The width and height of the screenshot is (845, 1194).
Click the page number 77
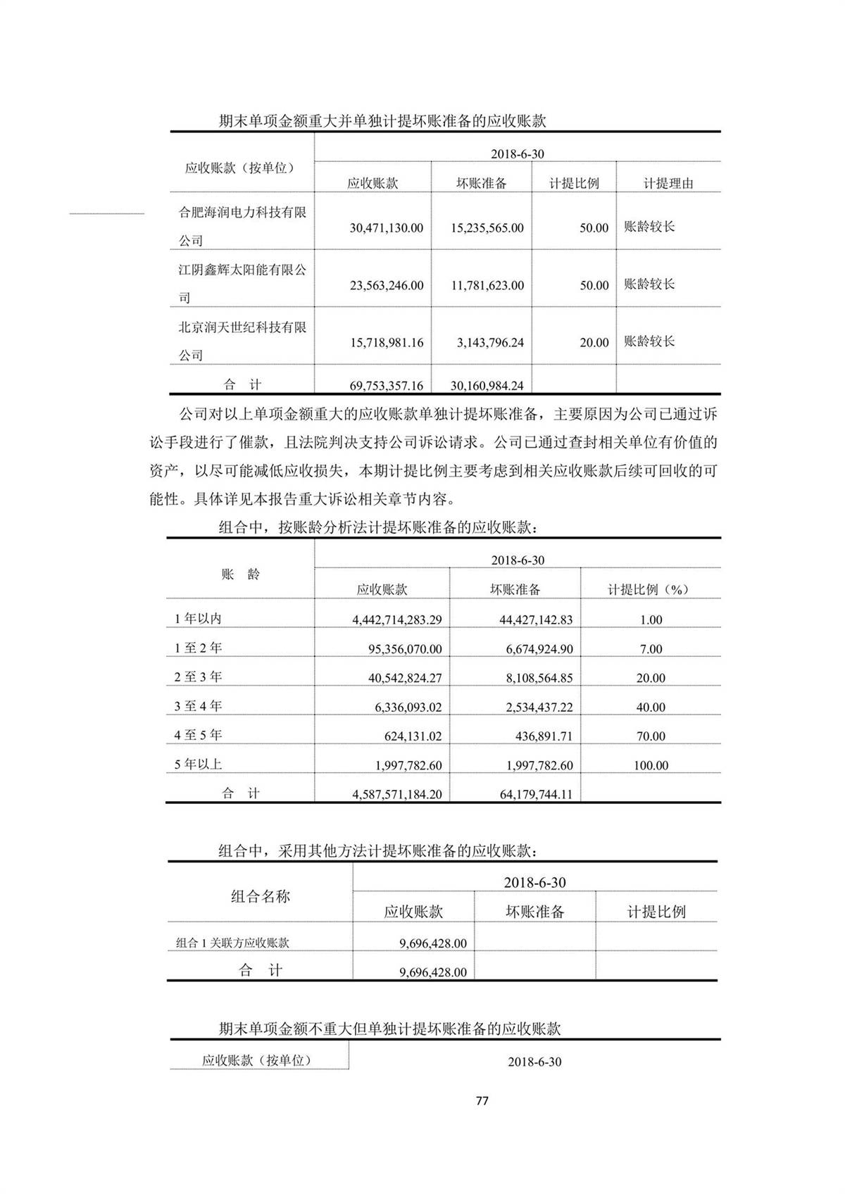[482, 1100]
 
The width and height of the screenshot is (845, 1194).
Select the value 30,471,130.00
[387, 228]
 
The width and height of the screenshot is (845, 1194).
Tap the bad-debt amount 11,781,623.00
[487, 286]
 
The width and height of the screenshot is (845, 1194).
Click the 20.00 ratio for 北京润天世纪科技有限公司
[594, 343]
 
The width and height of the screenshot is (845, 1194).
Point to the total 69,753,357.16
[387, 386]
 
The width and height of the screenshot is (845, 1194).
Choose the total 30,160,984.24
[487, 386]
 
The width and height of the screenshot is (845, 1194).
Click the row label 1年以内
[198, 619]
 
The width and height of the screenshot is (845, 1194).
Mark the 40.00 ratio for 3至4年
[651, 708]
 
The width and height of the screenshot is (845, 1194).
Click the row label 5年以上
[198, 764]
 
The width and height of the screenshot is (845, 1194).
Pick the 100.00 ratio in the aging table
[651, 765]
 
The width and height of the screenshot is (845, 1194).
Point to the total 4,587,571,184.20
[397, 794]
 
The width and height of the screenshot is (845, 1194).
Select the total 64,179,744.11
[536, 794]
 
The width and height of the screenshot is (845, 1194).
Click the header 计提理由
[668, 184]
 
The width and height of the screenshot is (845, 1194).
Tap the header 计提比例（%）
[649, 590]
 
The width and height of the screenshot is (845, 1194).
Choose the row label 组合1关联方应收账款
[232, 943]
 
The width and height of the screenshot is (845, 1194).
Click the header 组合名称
[260, 896]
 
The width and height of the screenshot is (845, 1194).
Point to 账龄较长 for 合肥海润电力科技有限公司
[649, 227]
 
